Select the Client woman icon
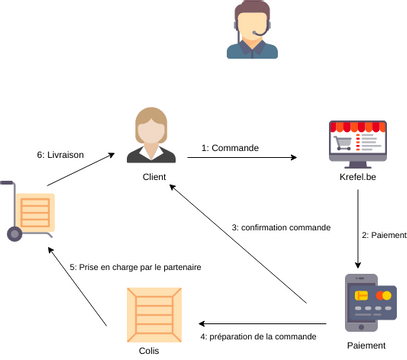pos(151,137)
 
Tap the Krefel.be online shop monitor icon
pos(357,144)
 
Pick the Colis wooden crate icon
pos(154,314)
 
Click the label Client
pos(153,177)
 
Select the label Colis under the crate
pos(148,351)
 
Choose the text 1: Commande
pos(230,148)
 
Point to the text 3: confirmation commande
pos(281,227)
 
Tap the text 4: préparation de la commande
pos(264,337)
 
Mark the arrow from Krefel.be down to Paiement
pos(358,229)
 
